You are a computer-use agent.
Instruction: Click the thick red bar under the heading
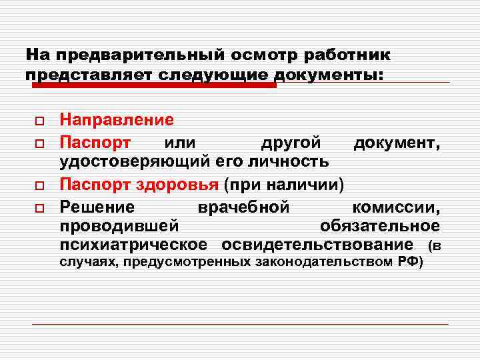pos(154,85)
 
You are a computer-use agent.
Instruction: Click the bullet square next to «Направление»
pos(39,122)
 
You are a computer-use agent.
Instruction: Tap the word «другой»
pos(290,142)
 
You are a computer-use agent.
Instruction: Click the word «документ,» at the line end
pos(396,142)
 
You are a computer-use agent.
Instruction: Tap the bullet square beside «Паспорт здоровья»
pos(39,185)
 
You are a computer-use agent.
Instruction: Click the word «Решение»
pos(97,205)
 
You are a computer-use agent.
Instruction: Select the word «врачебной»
pos(243,205)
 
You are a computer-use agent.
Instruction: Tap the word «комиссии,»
pos(396,205)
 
